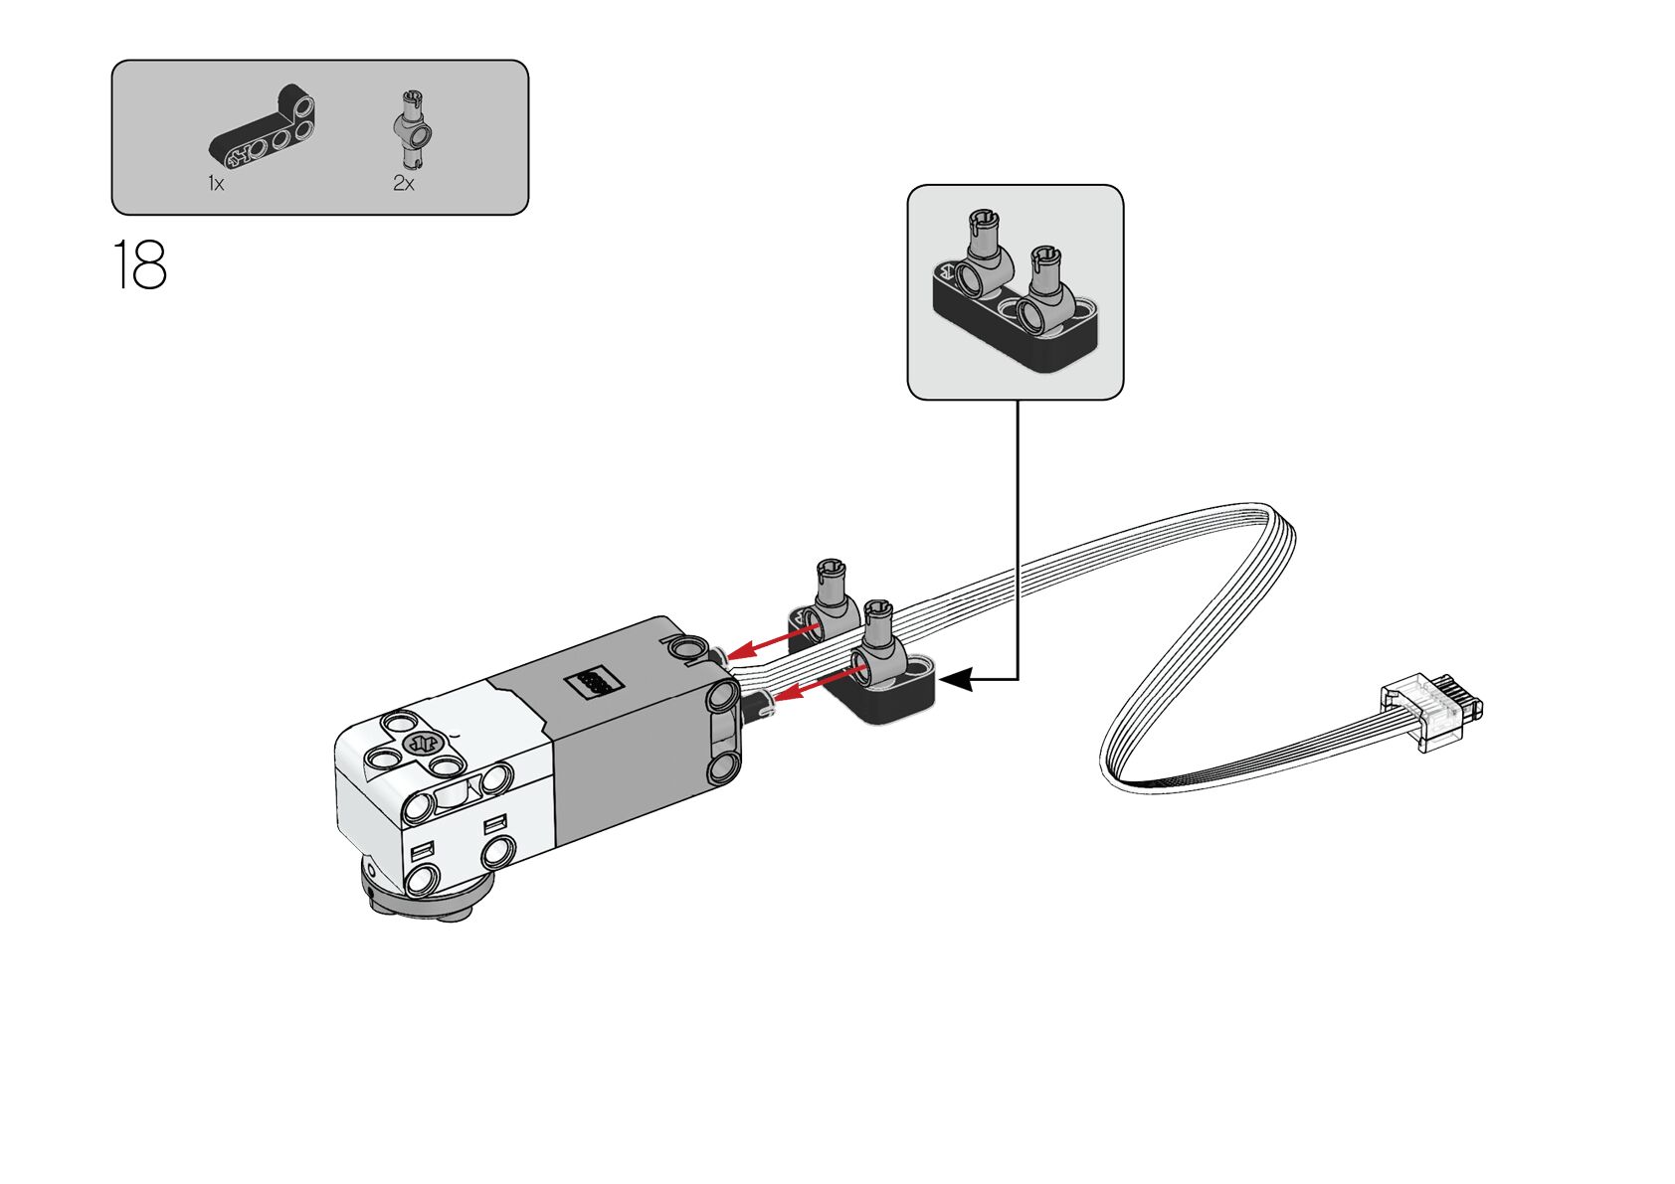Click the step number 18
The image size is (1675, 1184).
click(139, 264)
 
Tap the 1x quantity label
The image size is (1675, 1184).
click(216, 183)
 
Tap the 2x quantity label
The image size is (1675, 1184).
click(403, 183)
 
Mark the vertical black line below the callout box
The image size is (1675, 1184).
click(1018, 537)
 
